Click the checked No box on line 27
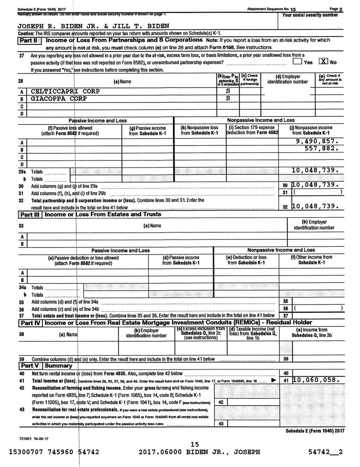[x=323, y=62]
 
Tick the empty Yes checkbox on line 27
[x=297, y=62]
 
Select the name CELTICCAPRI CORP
[x=65, y=91]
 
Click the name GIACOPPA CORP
[x=60, y=98]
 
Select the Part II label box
[x=30, y=40]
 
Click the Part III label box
[x=30, y=214]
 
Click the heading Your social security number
[x=310, y=15]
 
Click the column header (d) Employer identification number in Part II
[x=288, y=79]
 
